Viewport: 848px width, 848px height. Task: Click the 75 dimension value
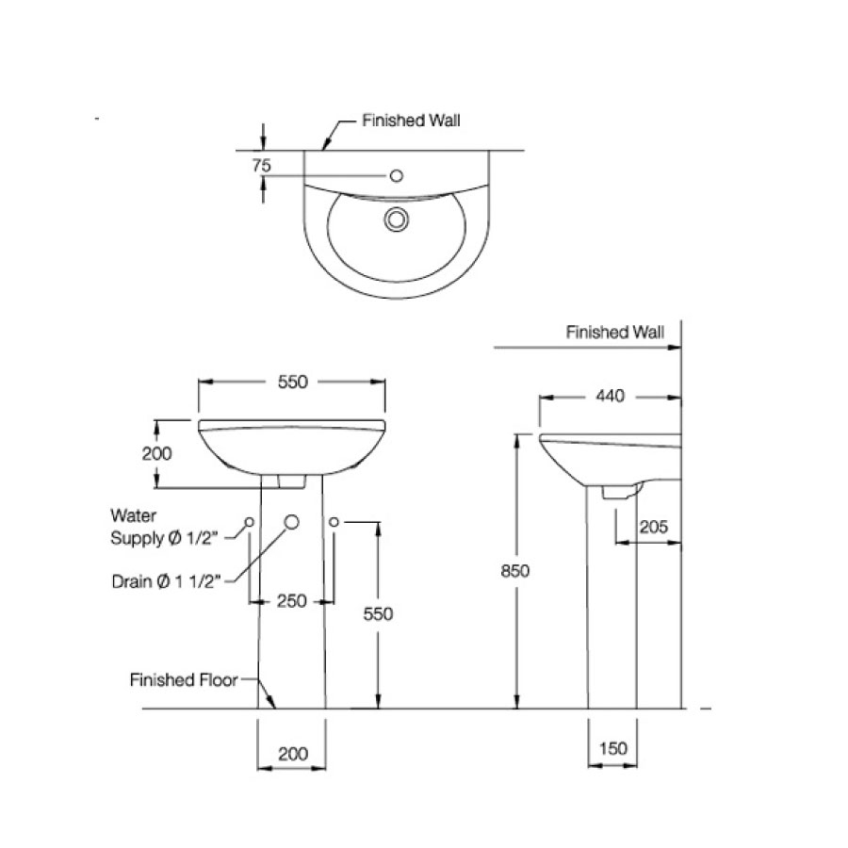pyautogui.click(x=262, y=165)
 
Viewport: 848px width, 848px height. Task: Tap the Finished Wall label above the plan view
pyautogui.click(x=412, y=121)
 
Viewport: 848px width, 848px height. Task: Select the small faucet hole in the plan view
pyautogui.click(x=397, y=175)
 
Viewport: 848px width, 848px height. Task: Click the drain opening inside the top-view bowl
pyautogui.click(x=396, y=219)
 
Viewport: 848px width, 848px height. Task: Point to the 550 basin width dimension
pyautogui.click(x=291, y=382)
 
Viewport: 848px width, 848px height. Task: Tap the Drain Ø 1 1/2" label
pyautogui.click(x=166, y=581)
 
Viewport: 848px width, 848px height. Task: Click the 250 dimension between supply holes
pyautogui.click(x=292, y=601)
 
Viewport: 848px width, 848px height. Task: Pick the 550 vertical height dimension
pyautogui.click(x=378, y=613)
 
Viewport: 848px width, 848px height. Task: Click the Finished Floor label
pyautogui.click(x=184, y=679)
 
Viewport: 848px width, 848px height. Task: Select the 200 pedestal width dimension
pyautogui.click(x=293, y=754)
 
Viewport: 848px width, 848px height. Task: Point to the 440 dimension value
pyautogui.click(x=610, y=397)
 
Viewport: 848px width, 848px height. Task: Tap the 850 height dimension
pyautogui.click(x=516, y=570)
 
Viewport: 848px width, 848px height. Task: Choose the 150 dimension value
pyautogui.click(x=612, y=748)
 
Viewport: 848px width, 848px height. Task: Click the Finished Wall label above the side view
pyautogui.click(x=614, y=333)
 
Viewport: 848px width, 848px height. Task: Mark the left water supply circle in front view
pyautogui.click(x=250, y=521)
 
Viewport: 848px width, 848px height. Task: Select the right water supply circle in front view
pyautogui.click(x=334, y=521)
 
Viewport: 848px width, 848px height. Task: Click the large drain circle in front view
pyautogui.click(x=291, y=522)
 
